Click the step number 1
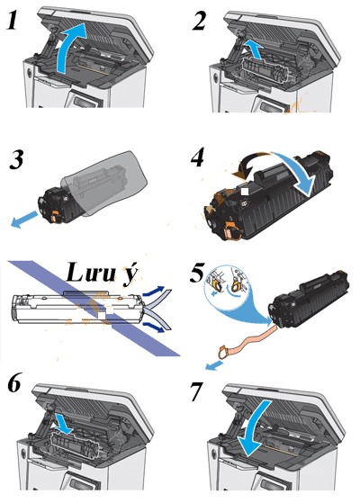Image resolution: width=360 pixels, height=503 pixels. coord(13,20)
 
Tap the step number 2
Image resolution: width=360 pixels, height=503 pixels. coord(199,22)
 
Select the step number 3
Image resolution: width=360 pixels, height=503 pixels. coord(16,160)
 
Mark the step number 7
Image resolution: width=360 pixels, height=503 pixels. coord(197,391)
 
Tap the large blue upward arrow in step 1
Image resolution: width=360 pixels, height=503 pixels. coord(71,48)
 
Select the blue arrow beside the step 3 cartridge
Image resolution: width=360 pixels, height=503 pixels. coord(24,219)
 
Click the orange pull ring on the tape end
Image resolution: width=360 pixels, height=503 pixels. coord(223,353)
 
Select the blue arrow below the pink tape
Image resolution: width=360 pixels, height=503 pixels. coord(213,365)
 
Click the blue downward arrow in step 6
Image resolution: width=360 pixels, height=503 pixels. coord(64,423)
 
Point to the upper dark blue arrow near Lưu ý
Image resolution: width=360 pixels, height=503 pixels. coord(154,291)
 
